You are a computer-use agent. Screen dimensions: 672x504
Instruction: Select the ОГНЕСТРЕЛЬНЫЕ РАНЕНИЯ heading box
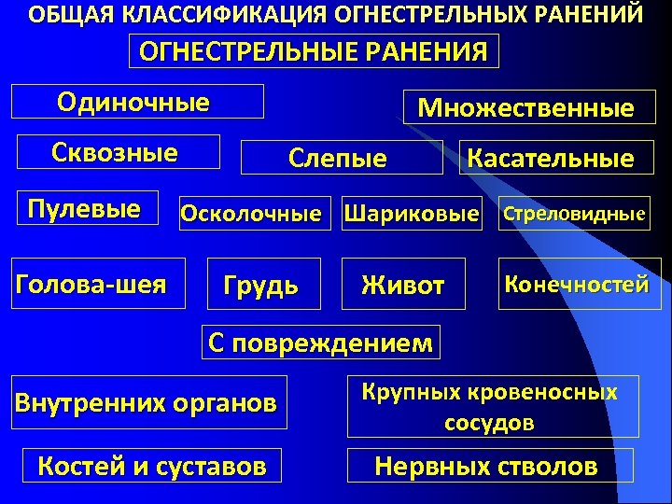click(313, 51)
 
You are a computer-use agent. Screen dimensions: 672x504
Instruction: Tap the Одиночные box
click(136, 101)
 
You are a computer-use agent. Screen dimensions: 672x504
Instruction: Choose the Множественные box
click(526, 108)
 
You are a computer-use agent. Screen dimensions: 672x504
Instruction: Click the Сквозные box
click(115, 152)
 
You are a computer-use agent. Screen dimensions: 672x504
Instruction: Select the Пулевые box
click(84, 209)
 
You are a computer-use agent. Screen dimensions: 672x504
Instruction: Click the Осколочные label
click(249, 214)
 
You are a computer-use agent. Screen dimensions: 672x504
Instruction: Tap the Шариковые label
click(412, 214)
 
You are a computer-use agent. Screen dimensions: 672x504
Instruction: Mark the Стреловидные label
click(575, 214)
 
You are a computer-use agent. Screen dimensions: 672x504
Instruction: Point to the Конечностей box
click(577, 284)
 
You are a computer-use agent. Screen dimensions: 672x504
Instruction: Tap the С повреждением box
click(321, 343)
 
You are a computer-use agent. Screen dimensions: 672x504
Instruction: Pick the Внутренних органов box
click(146, 402)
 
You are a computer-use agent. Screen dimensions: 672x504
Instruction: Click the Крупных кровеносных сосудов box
click(492, 406)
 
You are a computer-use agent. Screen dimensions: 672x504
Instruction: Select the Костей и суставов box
click(151, 465)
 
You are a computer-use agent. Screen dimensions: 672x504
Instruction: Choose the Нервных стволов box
click(486, 466)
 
